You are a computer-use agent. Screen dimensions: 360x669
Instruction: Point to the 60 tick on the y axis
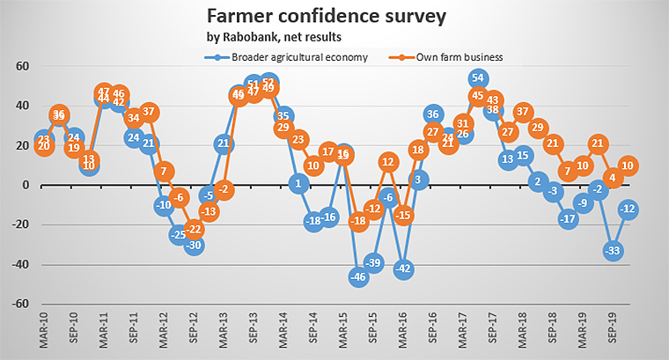[x=24, y=66]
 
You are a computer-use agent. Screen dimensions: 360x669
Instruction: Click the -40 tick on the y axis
[x=20, y=265]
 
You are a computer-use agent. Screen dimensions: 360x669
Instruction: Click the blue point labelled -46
[x=358, y=277]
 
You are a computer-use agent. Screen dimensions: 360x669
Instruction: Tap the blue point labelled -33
[x=614, y=251]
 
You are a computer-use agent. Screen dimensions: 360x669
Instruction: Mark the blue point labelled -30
[x=194, y=246]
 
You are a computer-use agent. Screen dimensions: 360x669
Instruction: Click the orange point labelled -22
[x=194, y=230]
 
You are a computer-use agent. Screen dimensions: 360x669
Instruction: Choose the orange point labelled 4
[x=614, y=178]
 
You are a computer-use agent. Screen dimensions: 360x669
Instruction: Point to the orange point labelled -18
[x=358, y=222]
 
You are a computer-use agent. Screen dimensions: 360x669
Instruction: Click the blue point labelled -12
[x=629, y=209]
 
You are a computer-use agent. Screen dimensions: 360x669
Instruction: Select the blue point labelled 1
[x=298, y=184]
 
